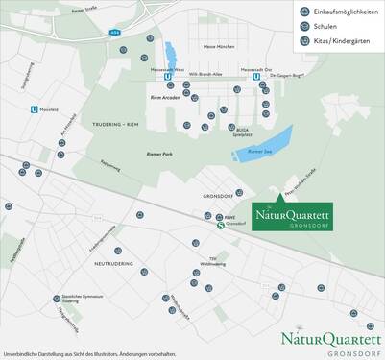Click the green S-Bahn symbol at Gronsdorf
tap(220, 227)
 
